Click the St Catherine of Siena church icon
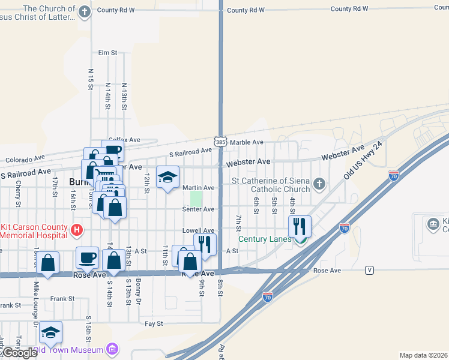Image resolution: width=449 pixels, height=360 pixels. [319, 184]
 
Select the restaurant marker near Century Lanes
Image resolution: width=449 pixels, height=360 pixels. [300, 227]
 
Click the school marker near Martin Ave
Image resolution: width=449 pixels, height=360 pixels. [168, 176]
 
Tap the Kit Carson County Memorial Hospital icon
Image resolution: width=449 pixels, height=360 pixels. [76, 230]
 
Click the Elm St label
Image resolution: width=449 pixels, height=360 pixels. [107, 53]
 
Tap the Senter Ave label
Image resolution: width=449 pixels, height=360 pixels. [199, 209]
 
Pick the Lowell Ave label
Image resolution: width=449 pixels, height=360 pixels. [199, 230]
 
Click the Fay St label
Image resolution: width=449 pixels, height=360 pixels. [154, 323]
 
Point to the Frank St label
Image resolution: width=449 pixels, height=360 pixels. [62, 298]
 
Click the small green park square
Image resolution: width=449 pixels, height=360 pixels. [196, 198]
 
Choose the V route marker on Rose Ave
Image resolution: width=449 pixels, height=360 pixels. [369, 271]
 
